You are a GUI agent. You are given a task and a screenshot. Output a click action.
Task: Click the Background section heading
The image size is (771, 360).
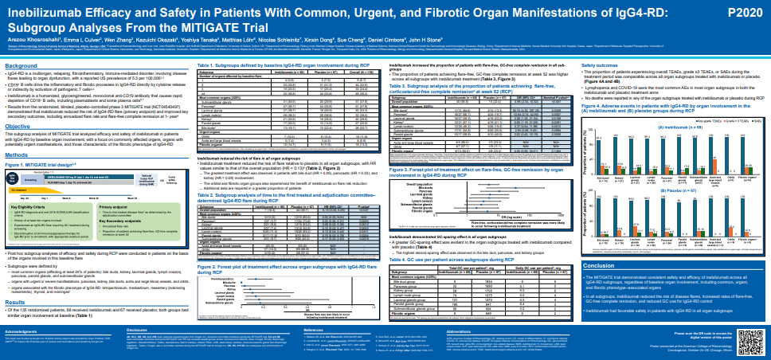pos(22,65)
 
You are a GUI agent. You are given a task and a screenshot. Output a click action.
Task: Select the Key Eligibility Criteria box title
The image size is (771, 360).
pos(34,205)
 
